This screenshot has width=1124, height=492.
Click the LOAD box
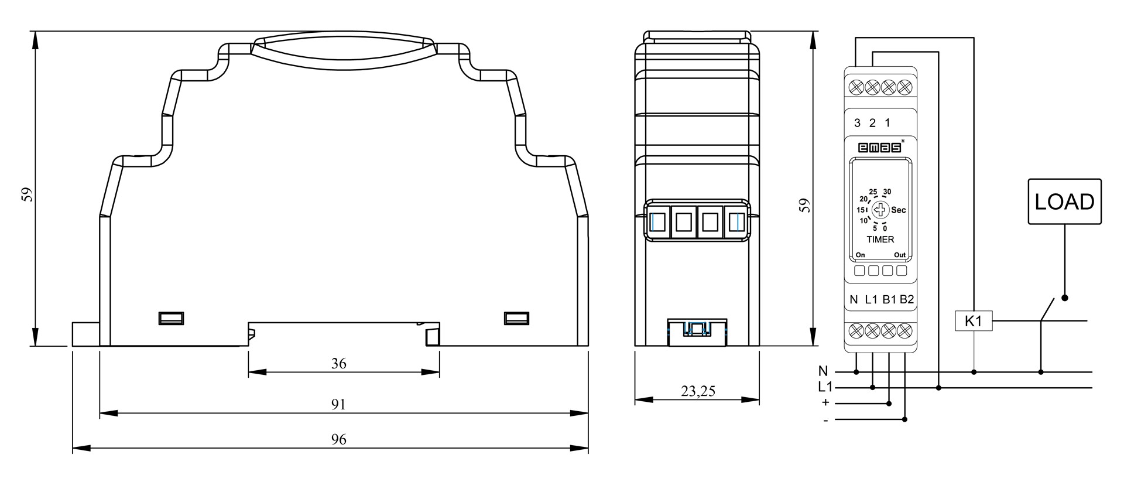[1065, 201]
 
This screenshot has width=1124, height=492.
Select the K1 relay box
[974, 321]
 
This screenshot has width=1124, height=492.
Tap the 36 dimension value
[339, 364]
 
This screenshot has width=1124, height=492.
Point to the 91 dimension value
[339, 405]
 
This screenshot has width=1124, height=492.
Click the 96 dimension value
[339, 439]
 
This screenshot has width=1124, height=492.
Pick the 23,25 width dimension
[698, 391]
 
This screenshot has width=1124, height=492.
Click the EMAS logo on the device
[880, 148]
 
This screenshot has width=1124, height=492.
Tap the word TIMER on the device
[880, 240]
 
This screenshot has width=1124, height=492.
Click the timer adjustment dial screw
[880, 210]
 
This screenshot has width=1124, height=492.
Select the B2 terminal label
[907, 300]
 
